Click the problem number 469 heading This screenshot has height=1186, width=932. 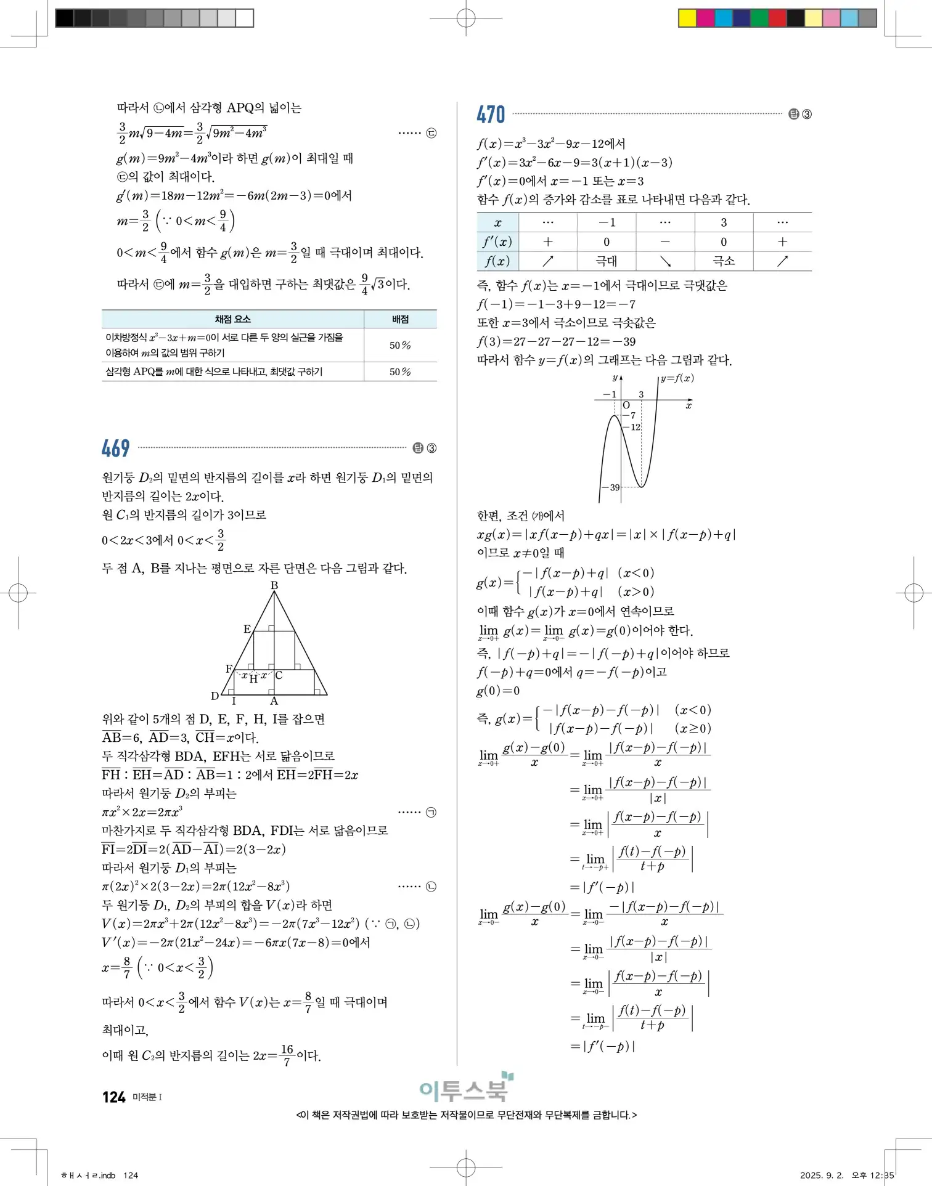(115, 448)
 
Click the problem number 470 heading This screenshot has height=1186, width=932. (491, 115)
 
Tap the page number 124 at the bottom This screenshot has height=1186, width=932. (114, 1097)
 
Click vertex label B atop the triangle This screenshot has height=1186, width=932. (274, 585)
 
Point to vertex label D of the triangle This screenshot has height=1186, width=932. (215, 696)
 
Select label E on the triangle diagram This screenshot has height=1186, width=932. (247, 629)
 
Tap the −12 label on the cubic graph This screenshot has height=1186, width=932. (634, 427)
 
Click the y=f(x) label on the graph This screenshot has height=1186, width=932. (677, 378)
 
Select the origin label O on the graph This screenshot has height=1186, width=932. (626, 405)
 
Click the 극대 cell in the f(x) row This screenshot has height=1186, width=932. (606, 261)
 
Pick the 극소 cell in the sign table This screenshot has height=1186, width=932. (723, 261)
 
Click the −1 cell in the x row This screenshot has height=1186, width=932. (606, 222)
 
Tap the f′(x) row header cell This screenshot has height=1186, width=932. (497, 242)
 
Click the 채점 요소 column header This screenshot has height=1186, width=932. (232, 319)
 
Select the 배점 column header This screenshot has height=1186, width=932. (400, 319)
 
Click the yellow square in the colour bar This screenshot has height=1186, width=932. (687, 18)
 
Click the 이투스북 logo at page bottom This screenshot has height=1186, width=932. (464, 1089)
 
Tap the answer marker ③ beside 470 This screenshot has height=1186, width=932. (807, 114)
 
